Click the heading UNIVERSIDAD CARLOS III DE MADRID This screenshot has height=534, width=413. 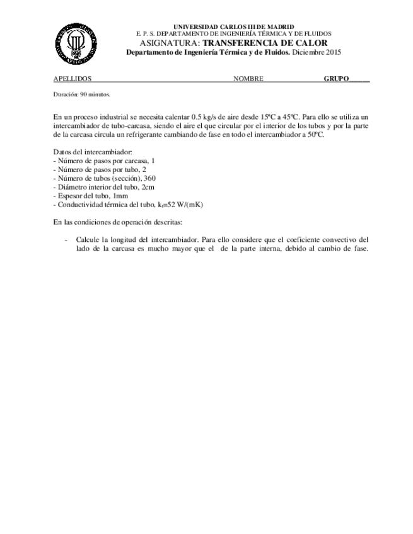[x=233, y=26]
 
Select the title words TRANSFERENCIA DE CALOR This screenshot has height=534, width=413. [x=265, y=43]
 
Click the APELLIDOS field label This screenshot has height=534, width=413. [x=73, y=79]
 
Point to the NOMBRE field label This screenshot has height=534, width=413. [x=248, y=79]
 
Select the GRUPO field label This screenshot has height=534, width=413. [x=337, y=79]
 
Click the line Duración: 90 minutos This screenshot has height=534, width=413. [x=82, y=94]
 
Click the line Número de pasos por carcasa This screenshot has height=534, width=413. [x=104, y=161]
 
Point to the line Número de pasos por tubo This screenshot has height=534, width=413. [x=100, y=170]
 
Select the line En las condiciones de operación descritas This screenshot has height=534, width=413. [x=117, y=222]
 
